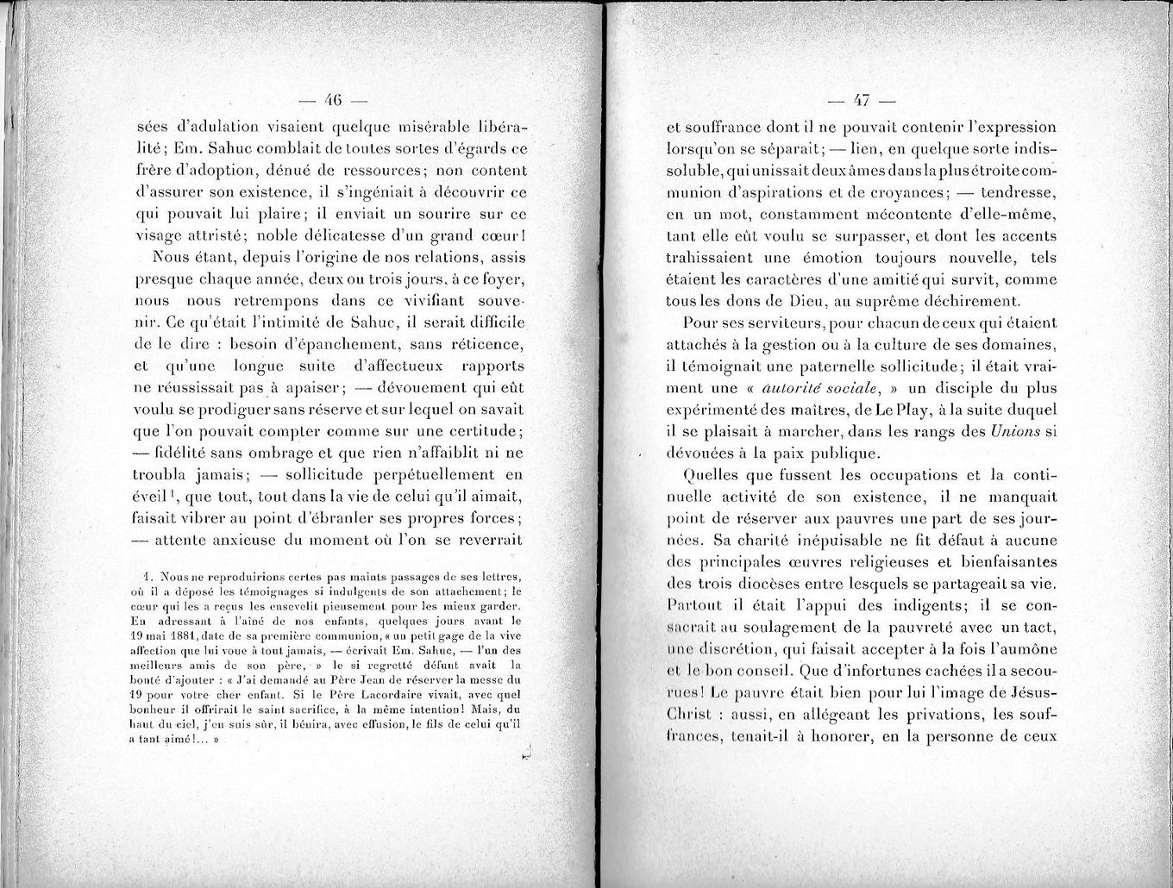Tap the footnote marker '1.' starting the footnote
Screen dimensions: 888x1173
click(x=149, y=576)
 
